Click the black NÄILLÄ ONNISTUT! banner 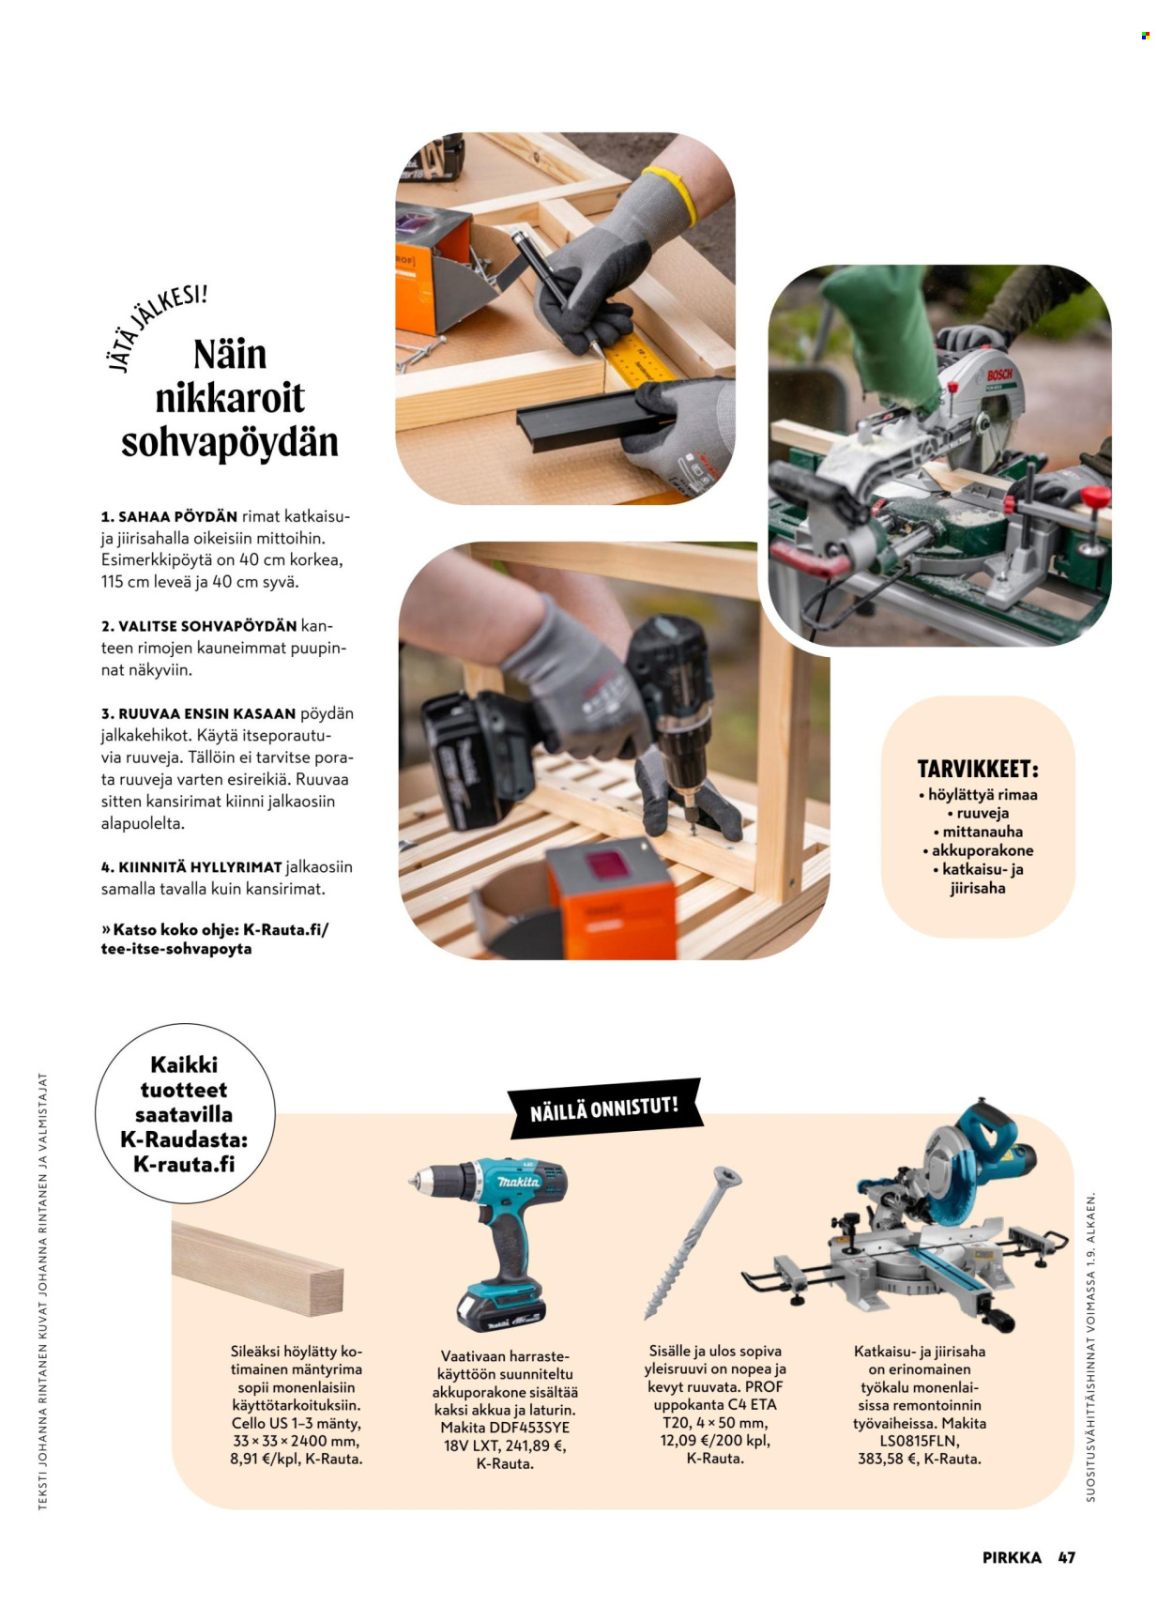604,1108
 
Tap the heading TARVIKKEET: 978,770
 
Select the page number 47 1066,1557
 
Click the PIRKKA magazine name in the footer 1011,1557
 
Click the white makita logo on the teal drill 519,1182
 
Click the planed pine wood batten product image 257,1269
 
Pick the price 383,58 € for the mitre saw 887,1459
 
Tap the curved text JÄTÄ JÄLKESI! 157,327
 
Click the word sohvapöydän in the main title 229,442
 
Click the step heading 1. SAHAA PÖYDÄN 169,516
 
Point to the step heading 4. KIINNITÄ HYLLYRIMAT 191,867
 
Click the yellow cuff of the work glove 673,195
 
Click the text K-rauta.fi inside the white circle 184,1164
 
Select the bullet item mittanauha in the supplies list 978,832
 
